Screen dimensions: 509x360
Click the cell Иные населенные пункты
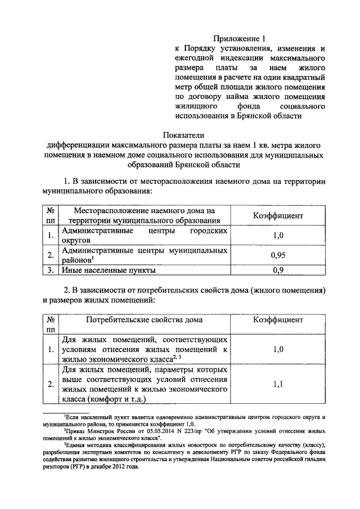pos(109,270)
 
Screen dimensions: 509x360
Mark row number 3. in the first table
pos(51,270)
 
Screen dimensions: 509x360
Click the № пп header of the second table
pos(51,325)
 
